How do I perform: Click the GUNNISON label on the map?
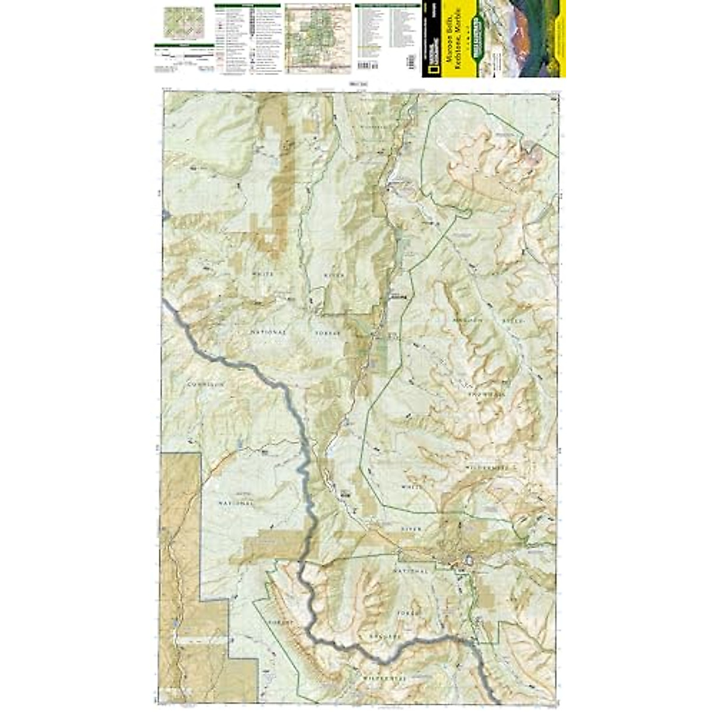[205, 385]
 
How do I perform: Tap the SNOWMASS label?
[487, 394]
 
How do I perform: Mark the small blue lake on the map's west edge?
[166, 213]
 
